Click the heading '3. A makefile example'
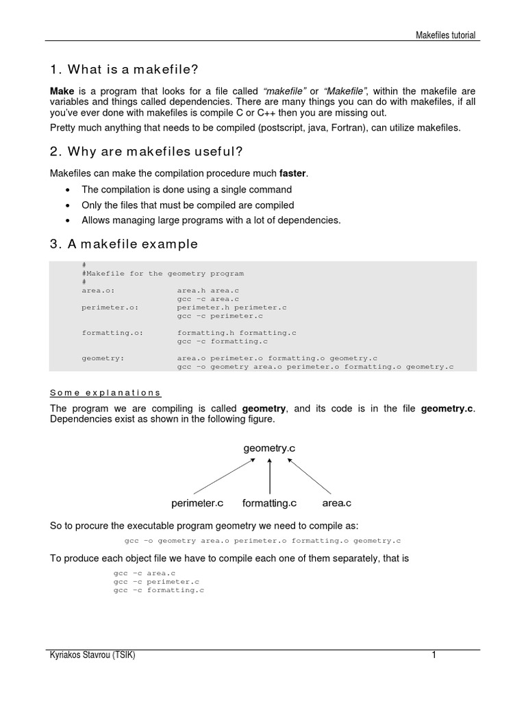click(124, 244)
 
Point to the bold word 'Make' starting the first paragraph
click(62, 91)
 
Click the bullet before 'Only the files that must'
click(68, 205)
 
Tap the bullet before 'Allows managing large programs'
click(68, 220)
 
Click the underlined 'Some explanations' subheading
click(105, 393)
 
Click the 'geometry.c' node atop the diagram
click(269, 448)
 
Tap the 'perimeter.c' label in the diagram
click(197, 503)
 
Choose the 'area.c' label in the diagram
click(336, 503)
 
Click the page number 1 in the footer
click(434, 655)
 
